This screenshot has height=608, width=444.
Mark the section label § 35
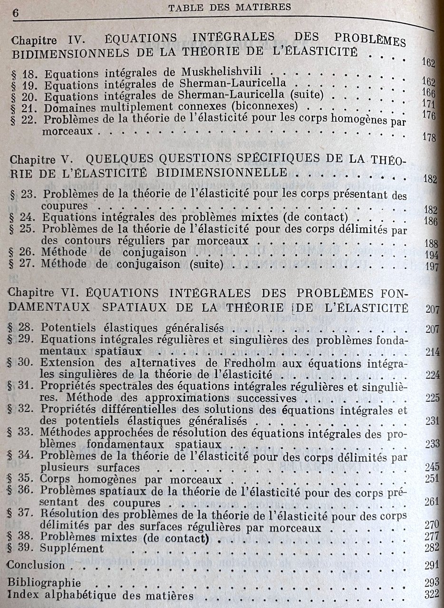pyautogui.click(x=22, y=478)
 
